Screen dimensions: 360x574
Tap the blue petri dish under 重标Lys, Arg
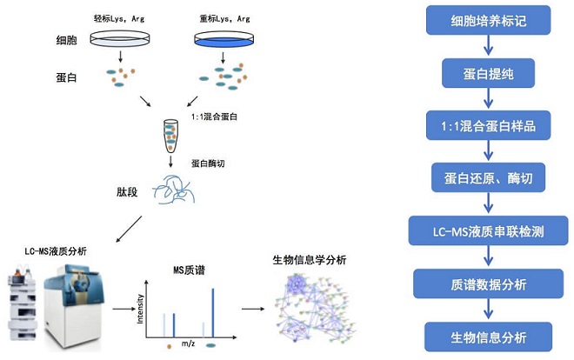225,39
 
